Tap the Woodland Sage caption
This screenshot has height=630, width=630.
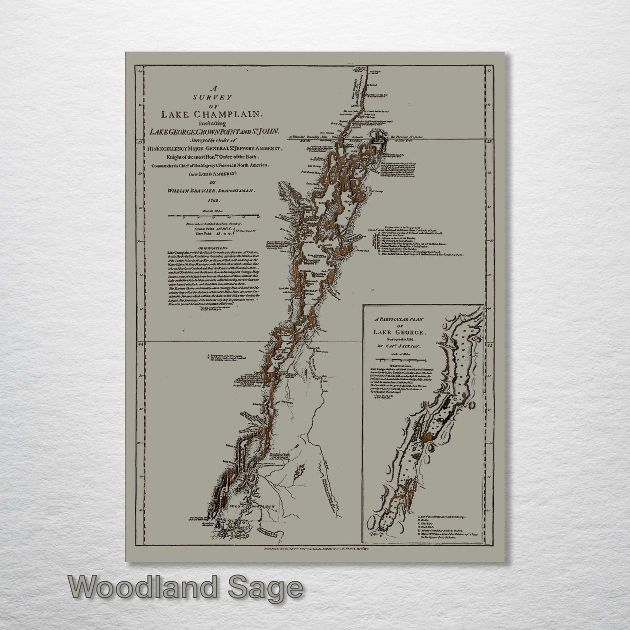point(185,588)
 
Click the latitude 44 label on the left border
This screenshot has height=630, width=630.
point(140,344)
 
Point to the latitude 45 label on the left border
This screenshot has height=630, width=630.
point(140,141)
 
